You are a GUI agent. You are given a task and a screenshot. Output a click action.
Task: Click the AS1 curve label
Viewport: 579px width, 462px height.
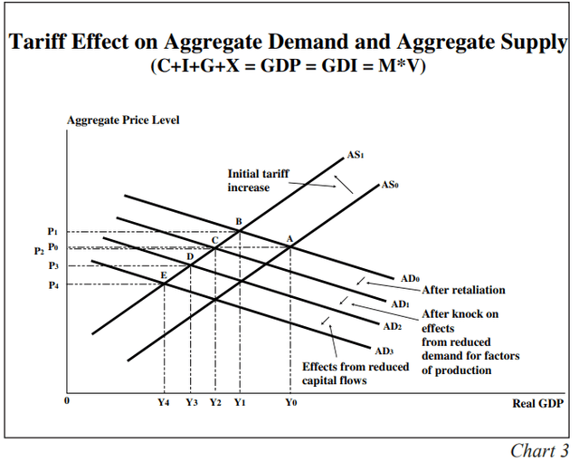coord(355,155)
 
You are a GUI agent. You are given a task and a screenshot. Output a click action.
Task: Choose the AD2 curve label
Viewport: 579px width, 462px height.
coord(391,325)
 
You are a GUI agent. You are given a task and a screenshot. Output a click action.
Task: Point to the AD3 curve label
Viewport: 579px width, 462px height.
coord(384,350)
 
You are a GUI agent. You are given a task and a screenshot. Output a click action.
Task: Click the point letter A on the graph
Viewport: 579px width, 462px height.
coord(289,238)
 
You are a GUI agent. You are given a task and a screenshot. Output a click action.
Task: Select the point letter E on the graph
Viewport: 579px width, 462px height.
coord(164,274)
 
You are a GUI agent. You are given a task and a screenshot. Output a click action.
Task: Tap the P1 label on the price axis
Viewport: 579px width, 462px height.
coord(53,232)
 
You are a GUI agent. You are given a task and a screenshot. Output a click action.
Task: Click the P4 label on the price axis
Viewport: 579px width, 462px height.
coord(53,284)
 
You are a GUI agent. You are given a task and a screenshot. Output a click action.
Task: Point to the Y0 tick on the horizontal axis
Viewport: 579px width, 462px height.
coord(289,401)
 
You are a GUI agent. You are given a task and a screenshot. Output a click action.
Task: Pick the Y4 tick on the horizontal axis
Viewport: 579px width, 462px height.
coord(164,401)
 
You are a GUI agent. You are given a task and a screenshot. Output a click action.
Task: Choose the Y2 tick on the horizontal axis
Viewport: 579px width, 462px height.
coord(215,401)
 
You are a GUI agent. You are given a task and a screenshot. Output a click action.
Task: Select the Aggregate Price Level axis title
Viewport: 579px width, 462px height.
coord(123,120)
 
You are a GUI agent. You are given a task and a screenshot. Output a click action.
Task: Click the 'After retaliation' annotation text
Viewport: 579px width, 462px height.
coord(463,290)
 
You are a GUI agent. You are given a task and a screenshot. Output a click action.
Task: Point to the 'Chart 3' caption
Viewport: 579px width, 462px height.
coord(539,450)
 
